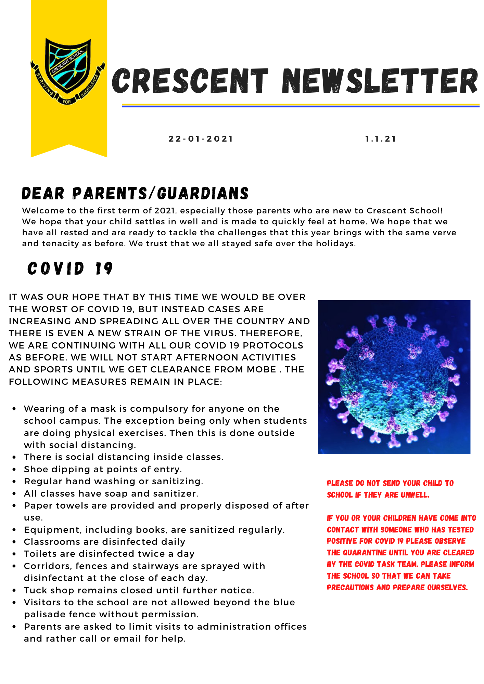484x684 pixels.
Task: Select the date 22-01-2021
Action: click(201, 139)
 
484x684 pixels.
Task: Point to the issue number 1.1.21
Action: click(381, 139)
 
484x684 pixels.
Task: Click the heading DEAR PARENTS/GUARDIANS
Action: click(135, 194)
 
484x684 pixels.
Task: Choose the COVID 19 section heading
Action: click(70, 268)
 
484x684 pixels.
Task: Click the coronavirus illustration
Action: click(394, 377)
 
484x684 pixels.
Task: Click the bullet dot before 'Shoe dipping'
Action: click(14, 470)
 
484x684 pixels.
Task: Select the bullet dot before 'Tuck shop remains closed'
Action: click(14, 591)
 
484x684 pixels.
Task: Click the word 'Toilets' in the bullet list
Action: click(38, 554)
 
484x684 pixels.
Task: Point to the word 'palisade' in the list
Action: click(44, 615)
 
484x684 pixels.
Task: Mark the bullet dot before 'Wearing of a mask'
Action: click(14, 409)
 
